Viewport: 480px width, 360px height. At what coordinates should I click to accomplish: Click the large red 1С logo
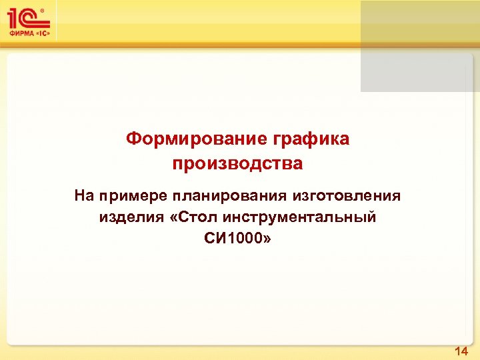25,17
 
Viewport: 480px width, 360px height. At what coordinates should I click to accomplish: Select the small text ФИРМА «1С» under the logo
29,33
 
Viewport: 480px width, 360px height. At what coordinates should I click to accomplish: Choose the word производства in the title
237,163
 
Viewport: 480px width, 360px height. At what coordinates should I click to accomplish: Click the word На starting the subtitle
85,196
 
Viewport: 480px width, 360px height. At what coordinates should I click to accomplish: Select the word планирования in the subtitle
229,196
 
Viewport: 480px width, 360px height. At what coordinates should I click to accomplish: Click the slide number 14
461,351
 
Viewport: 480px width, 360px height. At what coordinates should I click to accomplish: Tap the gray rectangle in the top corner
420,46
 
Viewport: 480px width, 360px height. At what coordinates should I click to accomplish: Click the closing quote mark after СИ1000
267,239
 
